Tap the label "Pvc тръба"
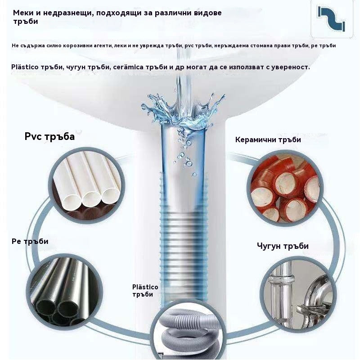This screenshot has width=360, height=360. click(x=49, y=136)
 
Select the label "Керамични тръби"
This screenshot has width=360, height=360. click(x=268, y=139)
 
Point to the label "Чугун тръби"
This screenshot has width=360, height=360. click(x=283, y=246)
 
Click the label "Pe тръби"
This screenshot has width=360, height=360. click(x=30, y=241)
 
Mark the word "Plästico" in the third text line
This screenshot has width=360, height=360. click(x=26, y=67)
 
